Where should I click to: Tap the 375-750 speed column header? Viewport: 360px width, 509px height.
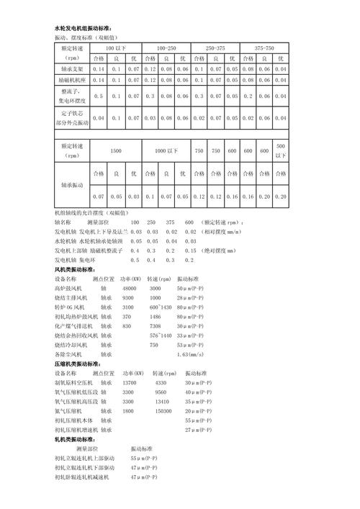263,47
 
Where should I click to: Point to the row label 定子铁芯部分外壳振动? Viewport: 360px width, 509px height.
72,117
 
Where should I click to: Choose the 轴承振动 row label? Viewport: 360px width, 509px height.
72,185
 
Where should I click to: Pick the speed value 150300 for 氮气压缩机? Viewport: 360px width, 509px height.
163,410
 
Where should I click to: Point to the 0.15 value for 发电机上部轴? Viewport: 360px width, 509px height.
190,250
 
